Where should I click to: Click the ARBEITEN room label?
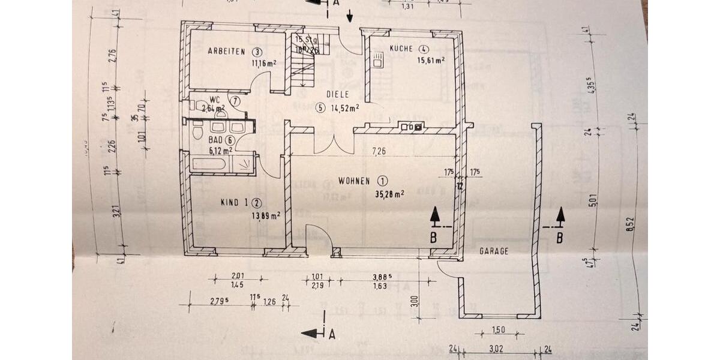[227, 52]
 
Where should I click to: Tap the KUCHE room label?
[400, 49]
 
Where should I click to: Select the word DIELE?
[337, 94]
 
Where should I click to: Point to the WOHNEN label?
[355, 180]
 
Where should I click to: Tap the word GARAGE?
[493, 252]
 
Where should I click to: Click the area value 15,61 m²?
[431, 60]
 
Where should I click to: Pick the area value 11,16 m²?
[264, 62]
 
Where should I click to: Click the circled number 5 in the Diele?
[320, 108]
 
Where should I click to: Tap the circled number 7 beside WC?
[236, 101]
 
